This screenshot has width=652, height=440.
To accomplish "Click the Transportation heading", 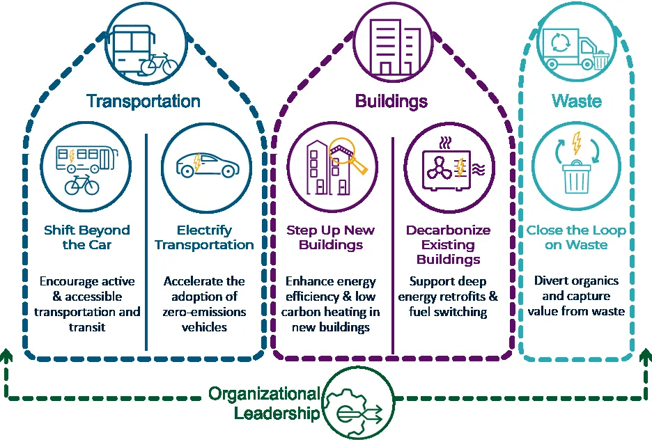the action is tap(143, 102).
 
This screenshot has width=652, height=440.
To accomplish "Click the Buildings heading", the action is tap(391, 102).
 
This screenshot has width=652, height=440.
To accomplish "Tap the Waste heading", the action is tap(577, 101).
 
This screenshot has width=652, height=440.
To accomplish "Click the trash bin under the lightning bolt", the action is tap(576, 178).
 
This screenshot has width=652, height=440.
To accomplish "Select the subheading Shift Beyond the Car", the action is tap(87, 237).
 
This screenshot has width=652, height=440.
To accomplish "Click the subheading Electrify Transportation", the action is tap(204, 237).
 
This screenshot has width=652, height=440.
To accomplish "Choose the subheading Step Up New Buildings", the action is tap(331, 237).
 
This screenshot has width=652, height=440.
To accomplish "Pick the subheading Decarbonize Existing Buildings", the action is tap(449, 245).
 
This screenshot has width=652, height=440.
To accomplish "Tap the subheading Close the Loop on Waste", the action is tap(576, 237).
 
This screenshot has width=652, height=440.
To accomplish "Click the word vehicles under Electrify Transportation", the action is tap(204, 327).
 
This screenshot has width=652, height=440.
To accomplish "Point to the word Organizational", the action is tap(265, 394).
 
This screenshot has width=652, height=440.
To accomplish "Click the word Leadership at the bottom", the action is tap(277, 413).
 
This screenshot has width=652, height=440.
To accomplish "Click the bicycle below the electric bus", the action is tap(82, 185).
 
